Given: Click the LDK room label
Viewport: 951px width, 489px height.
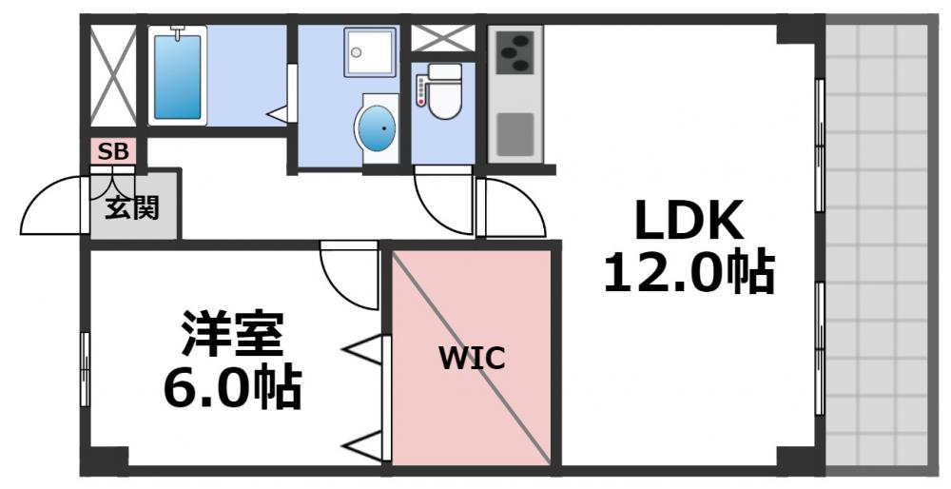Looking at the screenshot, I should pyautogui.click(x=689, y=223).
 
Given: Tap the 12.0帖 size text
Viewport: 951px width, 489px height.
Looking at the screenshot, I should pyautogui.click(x=689, y=273).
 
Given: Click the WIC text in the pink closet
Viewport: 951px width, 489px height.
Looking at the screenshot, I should pyautogui.click(x=472, y=359).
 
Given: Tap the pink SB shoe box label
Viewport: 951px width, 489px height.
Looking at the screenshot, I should pyautogui.click(x=114, y=150).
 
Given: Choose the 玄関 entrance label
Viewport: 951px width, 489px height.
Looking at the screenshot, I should pyautogui.click(x=132, y=206).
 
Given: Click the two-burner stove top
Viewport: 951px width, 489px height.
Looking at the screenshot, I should pyautogui.click(x=515, y=50).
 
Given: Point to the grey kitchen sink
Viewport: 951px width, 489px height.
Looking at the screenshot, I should pyautogui.click(x=515, y=134).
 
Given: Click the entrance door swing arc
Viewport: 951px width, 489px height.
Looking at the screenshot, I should pyautogui.click(x=52, y=205).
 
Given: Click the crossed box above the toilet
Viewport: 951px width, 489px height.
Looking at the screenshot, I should pyautogui.click(x=442, y=38).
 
